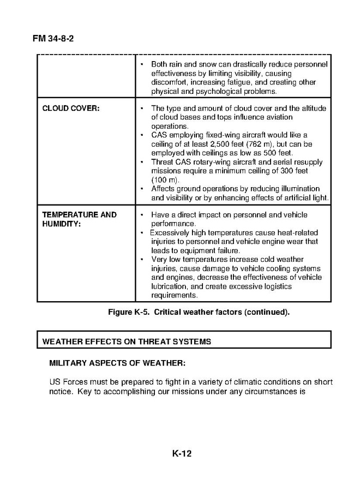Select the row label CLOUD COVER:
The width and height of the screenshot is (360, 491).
point(71,109)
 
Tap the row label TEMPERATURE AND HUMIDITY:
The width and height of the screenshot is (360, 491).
point(79,219)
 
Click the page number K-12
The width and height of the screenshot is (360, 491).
point(182,453)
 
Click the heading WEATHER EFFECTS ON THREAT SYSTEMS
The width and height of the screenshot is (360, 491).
point(127,342)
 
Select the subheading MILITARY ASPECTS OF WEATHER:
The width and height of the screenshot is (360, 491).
point(117,363)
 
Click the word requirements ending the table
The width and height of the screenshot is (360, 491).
point(174,295)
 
